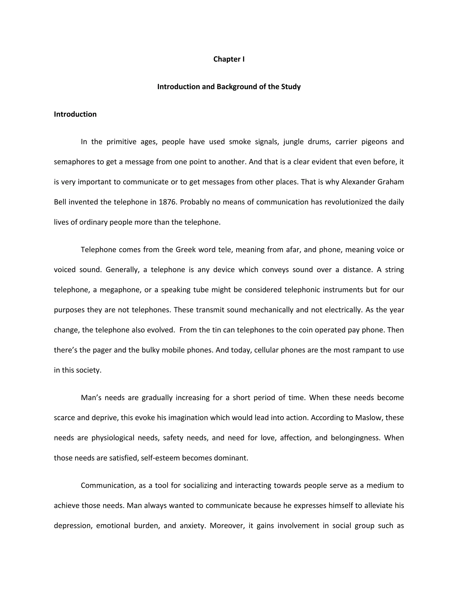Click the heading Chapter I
pos(229,59)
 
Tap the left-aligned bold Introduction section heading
pos(75,114)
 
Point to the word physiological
pos(113,438)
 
